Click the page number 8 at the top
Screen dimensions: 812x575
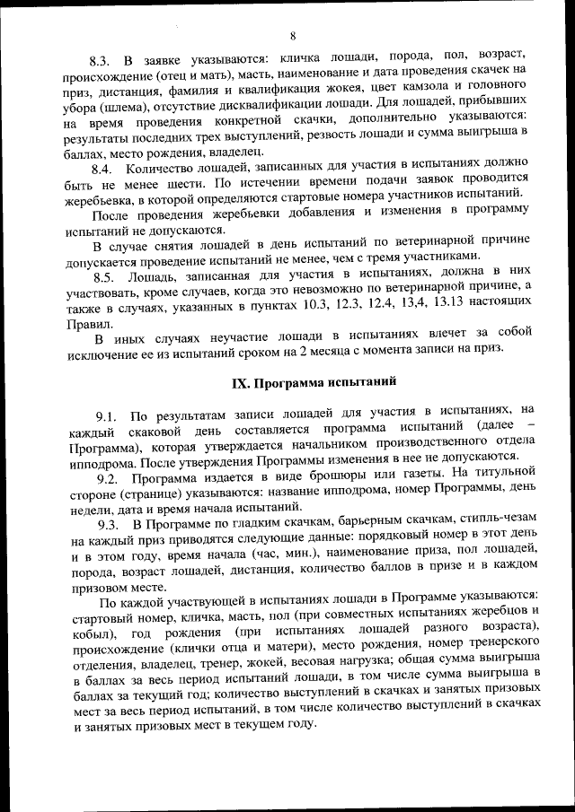(x=293, y=36)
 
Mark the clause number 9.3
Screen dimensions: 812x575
(x=110, y=523)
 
